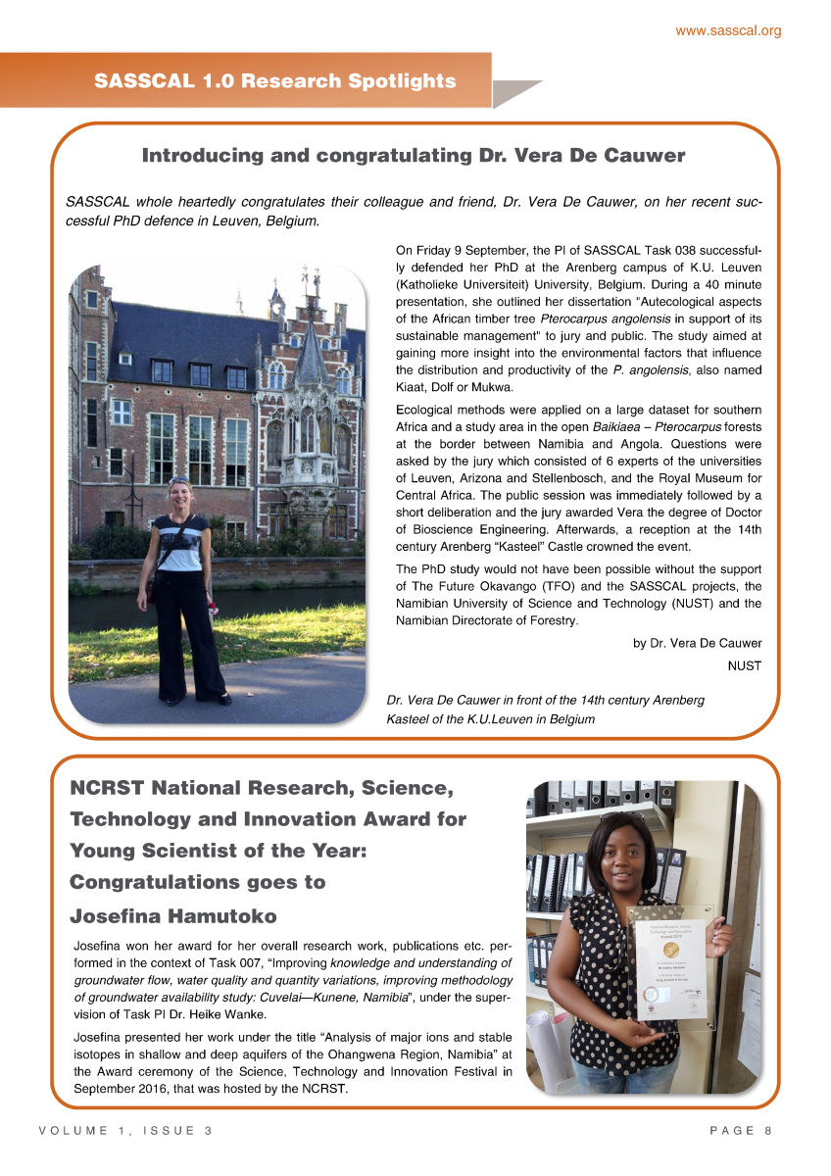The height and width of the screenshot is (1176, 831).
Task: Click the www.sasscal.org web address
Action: pos(728,30)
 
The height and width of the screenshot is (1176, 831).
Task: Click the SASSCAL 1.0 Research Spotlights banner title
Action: pos(275,81)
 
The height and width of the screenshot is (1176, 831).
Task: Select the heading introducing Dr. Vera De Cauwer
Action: pos(414,156)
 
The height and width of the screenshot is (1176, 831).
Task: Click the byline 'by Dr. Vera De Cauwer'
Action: pos(697,643)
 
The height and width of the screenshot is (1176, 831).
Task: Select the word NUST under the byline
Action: pos(744,665)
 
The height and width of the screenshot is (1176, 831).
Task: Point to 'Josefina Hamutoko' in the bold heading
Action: pos(173,916)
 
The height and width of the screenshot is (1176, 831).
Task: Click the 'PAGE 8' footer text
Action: pos(741,1130)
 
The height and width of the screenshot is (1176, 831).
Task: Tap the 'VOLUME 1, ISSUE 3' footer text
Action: pos(125,1130)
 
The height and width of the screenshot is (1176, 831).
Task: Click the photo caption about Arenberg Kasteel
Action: pos(545,710)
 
